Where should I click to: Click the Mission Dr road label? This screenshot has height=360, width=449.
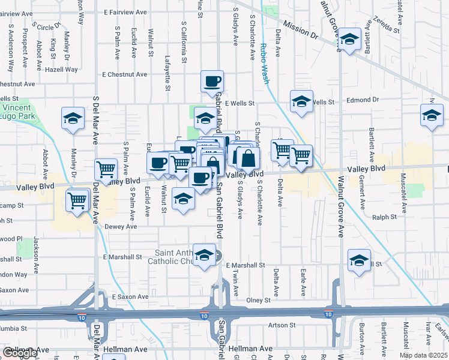[300, 31]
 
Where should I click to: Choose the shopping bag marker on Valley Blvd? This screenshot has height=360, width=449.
[247, 158]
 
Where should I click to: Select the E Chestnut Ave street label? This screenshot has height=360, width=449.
[124, 75]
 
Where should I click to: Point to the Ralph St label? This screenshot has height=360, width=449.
[384, 217]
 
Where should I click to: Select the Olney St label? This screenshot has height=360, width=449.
[259, 300]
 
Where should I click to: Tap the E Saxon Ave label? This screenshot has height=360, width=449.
[130, 297]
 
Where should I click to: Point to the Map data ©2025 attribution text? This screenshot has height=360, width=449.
[423, 355]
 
